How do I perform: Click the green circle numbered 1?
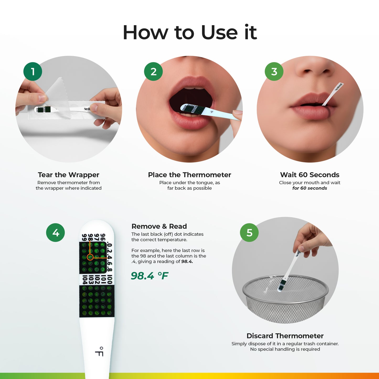click(33, 71)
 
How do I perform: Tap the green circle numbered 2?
click(153, 71)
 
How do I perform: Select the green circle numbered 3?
click(274, 71)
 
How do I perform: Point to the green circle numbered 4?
click(56, 233)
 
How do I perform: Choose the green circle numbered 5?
click(249, 233)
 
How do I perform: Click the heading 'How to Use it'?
click(190, 33)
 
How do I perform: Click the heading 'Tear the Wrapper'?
click(68, 175)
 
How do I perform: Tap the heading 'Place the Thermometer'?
click(189, 175)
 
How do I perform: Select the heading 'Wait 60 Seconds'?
click(309, 175)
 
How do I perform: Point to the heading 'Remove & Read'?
click(159, 226)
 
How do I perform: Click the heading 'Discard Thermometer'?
click(285, 336)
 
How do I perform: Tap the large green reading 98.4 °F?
click(150, 276)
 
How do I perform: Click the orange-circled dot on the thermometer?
click(90, 257)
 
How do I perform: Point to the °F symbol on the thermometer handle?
click(99, 351)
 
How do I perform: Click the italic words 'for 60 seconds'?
click(309, 188)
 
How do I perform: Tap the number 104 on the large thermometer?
click(84, 280)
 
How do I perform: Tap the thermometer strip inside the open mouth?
click(194, 109)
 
